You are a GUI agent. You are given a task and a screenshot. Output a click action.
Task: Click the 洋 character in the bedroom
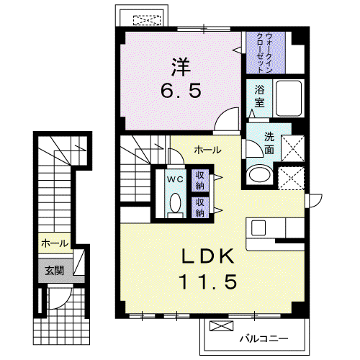coord(181,67)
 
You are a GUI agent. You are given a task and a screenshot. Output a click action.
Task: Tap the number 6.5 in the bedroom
coord(181,91)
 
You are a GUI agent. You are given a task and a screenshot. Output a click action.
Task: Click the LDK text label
coord(208,256)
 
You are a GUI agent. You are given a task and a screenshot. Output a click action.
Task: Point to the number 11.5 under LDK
coord(208,282)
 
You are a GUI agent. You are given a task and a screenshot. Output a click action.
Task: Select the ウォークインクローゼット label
coord(264,53)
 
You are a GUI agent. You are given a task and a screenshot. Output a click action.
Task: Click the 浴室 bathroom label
coord(259,96)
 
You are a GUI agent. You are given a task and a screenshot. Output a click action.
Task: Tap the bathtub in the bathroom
coord(289,99)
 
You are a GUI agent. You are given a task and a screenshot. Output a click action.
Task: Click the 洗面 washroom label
coord(269,143)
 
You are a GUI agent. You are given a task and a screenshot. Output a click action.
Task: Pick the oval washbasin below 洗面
coord(260,174)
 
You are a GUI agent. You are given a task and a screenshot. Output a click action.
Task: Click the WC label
coord(175,179)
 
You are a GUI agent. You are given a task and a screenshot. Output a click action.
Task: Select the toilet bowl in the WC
coord(176,203)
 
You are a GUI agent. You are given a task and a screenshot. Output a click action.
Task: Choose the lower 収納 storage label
coord(200,207)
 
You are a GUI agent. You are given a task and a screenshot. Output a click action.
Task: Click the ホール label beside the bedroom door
coord(208,150)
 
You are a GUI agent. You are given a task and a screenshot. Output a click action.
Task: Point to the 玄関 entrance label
coord(55,271)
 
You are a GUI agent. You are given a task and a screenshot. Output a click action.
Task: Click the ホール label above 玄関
coord(55,243)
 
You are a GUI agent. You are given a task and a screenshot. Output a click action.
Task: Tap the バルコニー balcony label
coord(264,338)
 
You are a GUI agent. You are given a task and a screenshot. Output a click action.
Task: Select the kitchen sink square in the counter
coord(258,228)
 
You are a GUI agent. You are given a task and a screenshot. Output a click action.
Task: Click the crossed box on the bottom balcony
coord(221,325)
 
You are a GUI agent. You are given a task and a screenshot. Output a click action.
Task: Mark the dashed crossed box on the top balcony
coord(147,20)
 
